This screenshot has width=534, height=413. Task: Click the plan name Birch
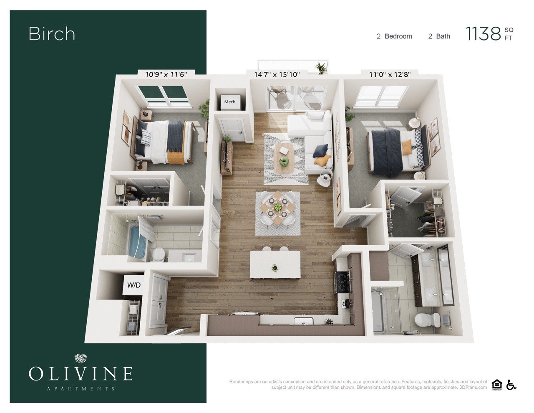tap(52, 34)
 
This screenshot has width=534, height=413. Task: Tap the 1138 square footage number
tap(483, 34)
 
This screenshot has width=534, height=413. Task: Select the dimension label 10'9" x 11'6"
tap(166, 75)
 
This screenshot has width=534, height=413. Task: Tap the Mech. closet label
tap(230, 102)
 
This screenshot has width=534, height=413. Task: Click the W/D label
tap(134, 286)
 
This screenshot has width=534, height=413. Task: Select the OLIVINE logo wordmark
tap(81, 373)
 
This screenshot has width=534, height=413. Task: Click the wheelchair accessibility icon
tap(511, 385)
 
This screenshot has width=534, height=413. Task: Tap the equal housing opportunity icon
tap(497, 385)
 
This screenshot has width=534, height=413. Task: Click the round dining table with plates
tap(277, 207)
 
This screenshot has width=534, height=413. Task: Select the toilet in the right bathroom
tap(428, 320)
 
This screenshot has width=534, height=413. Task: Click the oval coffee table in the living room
tap(284, 159)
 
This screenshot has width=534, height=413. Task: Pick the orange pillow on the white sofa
tap(322, 160)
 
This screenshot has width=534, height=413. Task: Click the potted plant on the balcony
tap(321, 68)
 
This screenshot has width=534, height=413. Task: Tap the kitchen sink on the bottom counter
tap(303, 321)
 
